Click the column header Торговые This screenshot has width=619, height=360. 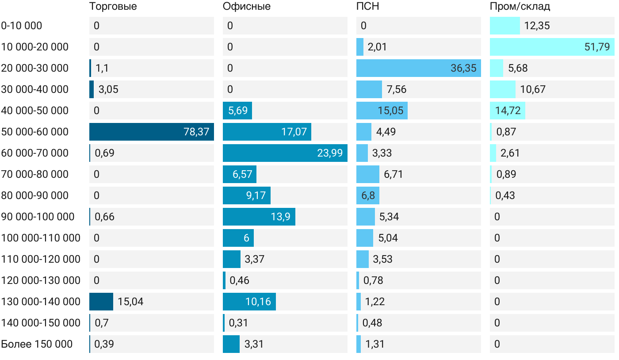pyautogui.click(x=113, y=6)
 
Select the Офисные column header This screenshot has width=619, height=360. pyautogui.click(x=247, y=6)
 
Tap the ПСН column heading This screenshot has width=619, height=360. pyautogui.click(x=368, y=6)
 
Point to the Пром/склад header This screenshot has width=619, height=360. pyautogui.click(x=520, y=6)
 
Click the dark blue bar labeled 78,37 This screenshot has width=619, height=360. pyautogui.click(x=151, y=132)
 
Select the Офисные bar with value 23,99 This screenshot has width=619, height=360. pyautogui.click(x=285, y=153)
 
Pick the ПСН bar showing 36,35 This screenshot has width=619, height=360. pyautogui.click(x=418, y=68)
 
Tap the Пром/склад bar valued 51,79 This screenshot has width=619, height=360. pyautogui.click(x=552, y=47)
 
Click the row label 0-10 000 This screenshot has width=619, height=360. pyautogui.click(x=22, y=26)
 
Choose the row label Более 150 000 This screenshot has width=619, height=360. pyautogui.click(x=37, y=344)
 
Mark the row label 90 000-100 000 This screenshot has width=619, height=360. pyautogui.click(x=38, y=217)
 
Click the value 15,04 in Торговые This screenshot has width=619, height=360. pyautogui.click(x=130, y=302)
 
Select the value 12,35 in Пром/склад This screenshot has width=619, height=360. pyautogui.click(x=537, y=26)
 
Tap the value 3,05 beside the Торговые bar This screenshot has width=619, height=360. pyautogui.click(x=108, y=89)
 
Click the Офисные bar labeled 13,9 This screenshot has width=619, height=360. pyautogui.click(x=259, y=217)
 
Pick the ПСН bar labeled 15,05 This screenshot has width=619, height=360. pyautogui.click(x=382, y=111)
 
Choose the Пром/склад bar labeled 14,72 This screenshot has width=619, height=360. pyautogui.click(x=507, y=111)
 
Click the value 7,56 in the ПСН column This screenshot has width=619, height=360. pyautogui.click(x=397, y=89)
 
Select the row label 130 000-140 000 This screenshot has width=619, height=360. pyautogui.click(x=41, y=302)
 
